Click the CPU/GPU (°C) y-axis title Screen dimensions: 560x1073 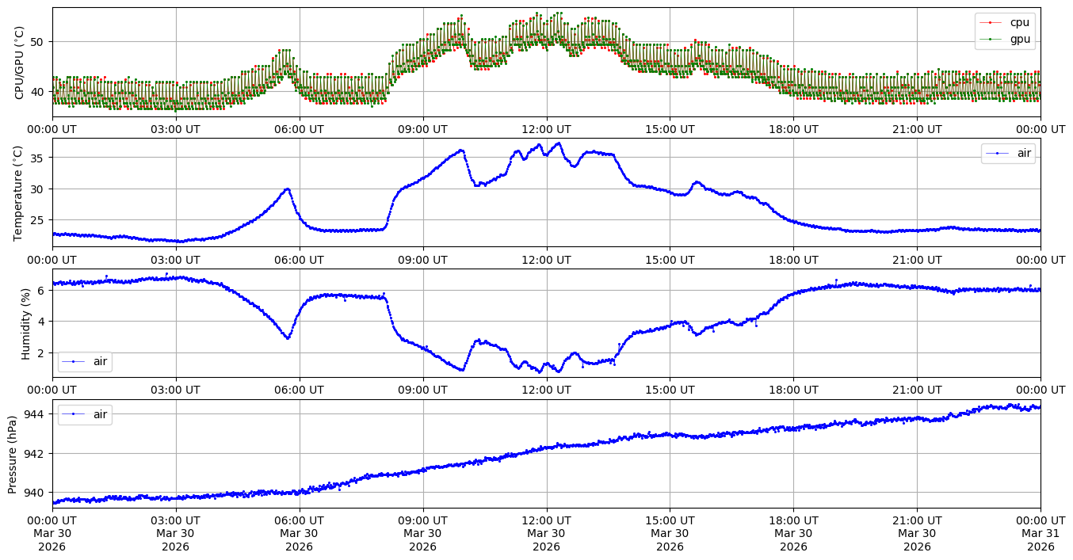click(20, 63)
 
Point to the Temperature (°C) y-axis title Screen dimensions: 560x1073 click(20, 192)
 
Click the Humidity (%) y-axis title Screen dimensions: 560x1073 click(25, 323)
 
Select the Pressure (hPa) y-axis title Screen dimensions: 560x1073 click(13, 454)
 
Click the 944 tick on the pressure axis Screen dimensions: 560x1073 click(38, 414)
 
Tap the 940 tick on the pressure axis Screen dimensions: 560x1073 click(38, 493)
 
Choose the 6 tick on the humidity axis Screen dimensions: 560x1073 click(44, 290)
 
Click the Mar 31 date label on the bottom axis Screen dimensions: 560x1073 click(1041, 534)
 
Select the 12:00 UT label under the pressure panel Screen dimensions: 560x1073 click(546, 520)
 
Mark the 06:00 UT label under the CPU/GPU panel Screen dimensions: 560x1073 click(299, 129)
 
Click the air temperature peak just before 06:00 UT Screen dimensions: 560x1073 click(288, 189)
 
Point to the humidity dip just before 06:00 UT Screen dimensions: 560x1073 click(288, 338)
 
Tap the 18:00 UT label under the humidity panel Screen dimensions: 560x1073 click(793, 390)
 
